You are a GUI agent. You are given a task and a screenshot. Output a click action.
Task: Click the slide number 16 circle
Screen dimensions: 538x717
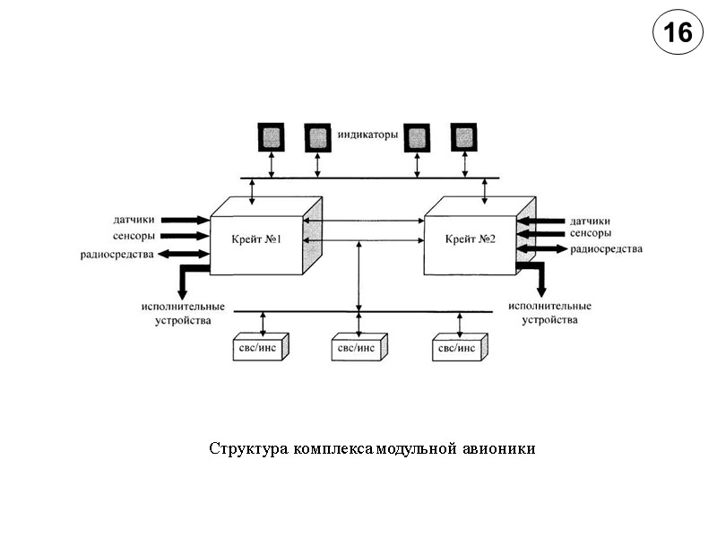678,33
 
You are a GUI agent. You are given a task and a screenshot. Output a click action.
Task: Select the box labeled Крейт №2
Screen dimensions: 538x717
470,241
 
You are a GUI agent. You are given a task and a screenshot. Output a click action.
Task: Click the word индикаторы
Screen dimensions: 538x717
367,135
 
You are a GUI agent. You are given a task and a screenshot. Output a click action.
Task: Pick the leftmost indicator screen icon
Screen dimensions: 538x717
272,137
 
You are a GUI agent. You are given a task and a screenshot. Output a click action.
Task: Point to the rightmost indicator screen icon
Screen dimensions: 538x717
463,137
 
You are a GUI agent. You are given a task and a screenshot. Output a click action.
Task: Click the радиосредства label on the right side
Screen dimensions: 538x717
607,248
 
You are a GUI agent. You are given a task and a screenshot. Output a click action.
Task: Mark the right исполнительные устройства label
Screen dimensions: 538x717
549,313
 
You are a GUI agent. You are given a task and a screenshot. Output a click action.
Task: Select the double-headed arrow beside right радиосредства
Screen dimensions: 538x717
541,248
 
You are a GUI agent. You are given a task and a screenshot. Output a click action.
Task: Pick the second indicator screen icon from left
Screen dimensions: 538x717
317,137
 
